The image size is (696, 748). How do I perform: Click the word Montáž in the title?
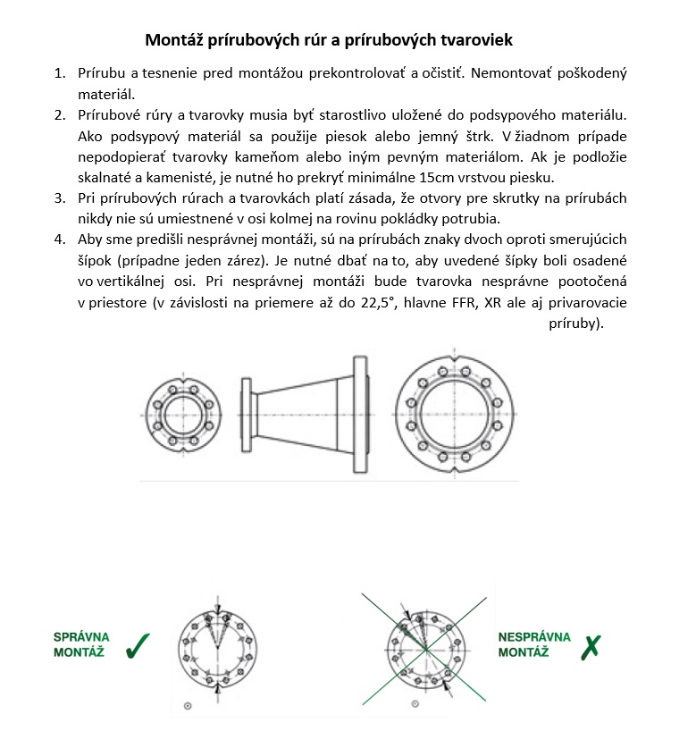(174, 40)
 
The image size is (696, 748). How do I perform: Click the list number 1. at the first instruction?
(60, 72)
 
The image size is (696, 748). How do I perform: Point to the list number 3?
(60, 198)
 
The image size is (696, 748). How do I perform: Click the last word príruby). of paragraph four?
(576, 323)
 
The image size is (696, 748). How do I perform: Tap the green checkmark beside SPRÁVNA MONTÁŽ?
(138, 645)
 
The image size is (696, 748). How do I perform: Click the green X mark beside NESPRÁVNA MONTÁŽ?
(591, 645)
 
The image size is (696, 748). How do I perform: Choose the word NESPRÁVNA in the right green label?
(534, 637)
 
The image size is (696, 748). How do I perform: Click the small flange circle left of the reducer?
(183, 417)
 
